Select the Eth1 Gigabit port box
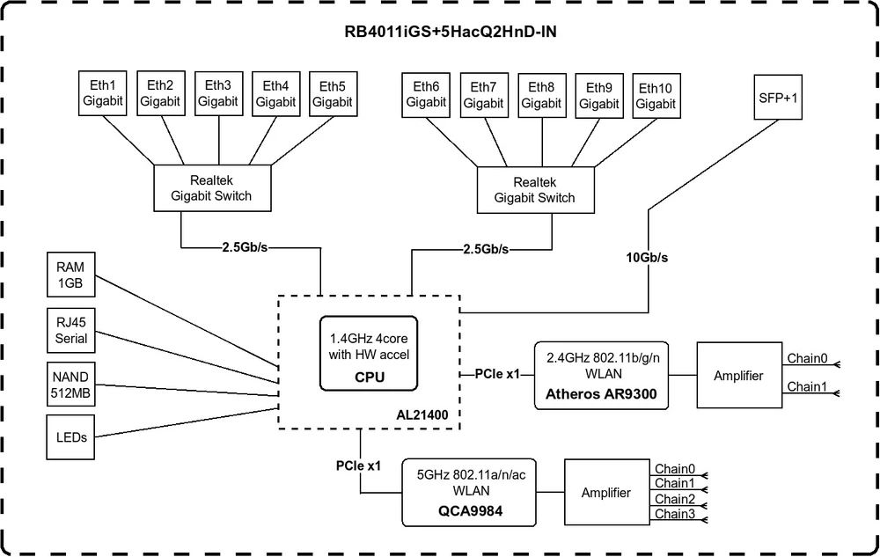pyautogui.click(x=103, y=93)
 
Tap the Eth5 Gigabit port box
pyautogui.click(x=333, y=93)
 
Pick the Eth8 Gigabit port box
pyautogui.click(x=541, y=95)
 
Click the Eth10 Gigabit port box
pyautogui.click(x=656, y=95)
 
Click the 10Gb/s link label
pyautogui.click(x=647, y=258)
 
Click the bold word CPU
pyautogui.click(x=370, y=378)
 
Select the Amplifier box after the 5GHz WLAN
pyautogui.click(x=605, y=493)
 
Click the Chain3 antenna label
pyautogui.click(x=675, y=514)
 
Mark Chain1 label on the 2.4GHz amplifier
pyautogui.click(x=807, y=386)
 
